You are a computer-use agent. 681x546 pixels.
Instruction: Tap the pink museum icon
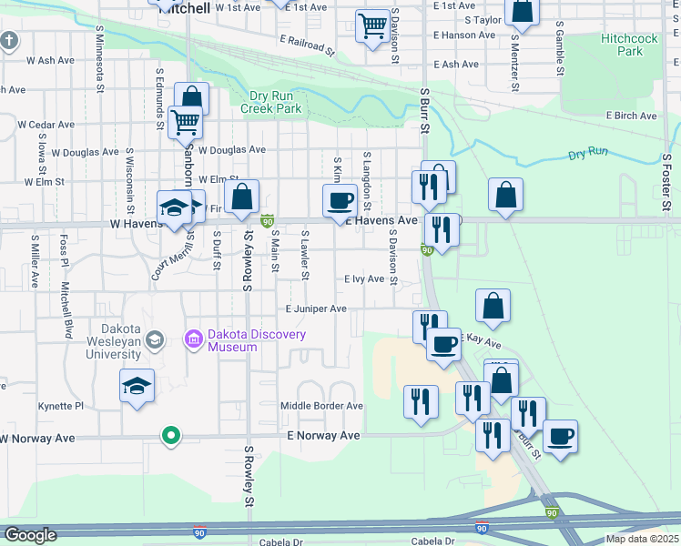(192, 340)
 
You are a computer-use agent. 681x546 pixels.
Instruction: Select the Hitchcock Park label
(623, 45)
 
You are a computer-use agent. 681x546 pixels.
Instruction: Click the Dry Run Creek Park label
(270, 102)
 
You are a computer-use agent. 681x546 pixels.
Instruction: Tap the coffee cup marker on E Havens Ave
(340, 201)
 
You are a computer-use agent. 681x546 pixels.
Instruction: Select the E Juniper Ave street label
(316, 309)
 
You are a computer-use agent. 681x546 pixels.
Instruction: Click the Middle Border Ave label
(321, 406)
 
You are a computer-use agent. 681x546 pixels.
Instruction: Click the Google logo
(29, 535)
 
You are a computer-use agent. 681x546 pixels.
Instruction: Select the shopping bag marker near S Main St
(242, 197)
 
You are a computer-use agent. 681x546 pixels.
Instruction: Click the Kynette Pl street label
(60, 406)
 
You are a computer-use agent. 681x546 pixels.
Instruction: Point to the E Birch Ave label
(632, 116)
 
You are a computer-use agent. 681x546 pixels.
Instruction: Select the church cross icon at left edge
(9, 41)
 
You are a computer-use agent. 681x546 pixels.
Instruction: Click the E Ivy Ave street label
(364, 279)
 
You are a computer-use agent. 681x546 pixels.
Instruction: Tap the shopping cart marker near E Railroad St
(371, 26)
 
